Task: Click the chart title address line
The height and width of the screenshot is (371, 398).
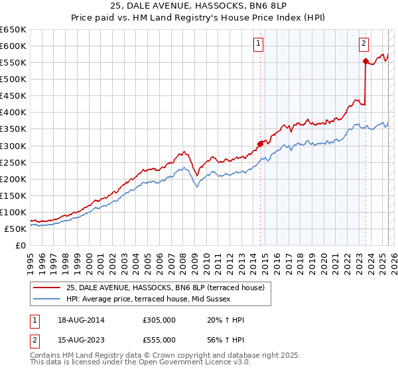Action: (x=199, y=7)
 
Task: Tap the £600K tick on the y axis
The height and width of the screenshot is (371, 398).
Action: (x=13, y=46)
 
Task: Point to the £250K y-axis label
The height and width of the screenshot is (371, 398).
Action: (x=13, y=162)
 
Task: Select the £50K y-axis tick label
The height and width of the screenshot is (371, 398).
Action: (x=15, y=229)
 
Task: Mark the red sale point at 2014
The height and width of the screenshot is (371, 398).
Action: (x=260, y=143)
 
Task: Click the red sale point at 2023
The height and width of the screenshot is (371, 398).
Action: (x=365, y=61)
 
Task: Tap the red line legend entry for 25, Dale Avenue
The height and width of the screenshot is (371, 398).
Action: (x=165, y=288)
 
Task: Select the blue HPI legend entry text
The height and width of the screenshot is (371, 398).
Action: (x=157, y=299)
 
